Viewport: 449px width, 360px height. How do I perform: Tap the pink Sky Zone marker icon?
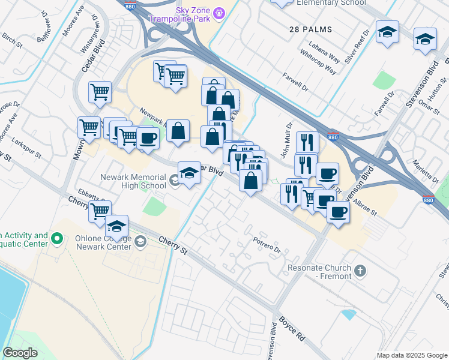(x=220, y=11)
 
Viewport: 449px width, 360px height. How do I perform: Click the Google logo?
(x=20, y=352)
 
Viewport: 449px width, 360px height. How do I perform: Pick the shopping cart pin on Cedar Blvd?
(x=100, y=92)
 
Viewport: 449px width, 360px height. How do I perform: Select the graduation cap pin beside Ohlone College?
(x=116, y=226)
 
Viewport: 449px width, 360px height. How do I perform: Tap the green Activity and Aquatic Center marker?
(x=58, y=239)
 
